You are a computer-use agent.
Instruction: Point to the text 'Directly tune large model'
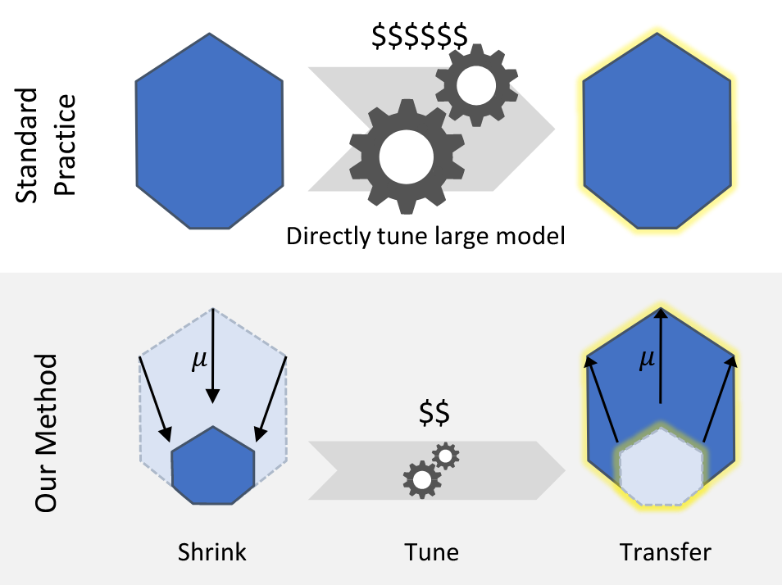426,238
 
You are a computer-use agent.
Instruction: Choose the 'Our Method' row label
47,433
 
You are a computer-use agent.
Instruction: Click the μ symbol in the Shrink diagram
199,361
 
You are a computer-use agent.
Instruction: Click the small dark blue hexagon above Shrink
213,467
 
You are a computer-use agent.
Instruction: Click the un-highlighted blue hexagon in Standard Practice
209,130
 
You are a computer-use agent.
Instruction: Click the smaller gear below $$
446,456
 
